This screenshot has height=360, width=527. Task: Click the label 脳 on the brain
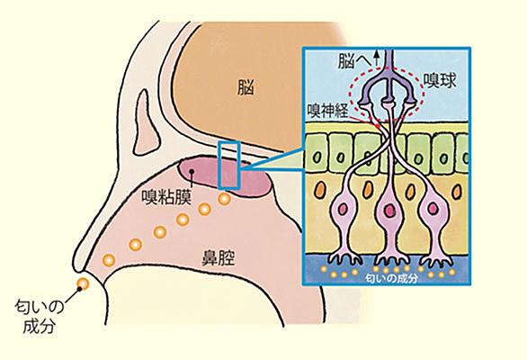(246, 87)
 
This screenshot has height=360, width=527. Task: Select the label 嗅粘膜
(166, 197)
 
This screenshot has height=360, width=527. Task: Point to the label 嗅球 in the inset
(440, 80)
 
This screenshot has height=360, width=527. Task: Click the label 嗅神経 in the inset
(328, 110)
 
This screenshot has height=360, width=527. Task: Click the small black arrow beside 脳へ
(377, 58)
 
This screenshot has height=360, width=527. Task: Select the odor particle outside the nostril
(83, 284)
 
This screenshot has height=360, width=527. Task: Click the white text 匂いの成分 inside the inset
(391, 279)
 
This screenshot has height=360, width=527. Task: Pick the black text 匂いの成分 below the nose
(39, 317)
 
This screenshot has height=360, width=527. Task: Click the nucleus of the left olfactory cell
(343, 210)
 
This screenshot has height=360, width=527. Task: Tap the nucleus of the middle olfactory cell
(390, 211)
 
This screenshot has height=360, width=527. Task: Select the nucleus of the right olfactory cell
(433, 209)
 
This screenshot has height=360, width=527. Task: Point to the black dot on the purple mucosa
(192, 171)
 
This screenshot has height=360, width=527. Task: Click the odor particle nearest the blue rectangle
(224, 199)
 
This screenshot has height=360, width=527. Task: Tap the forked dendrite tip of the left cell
(345, 258)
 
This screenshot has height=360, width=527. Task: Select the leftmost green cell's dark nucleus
(317, 157)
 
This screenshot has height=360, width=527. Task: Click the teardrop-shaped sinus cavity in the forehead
(147, 122)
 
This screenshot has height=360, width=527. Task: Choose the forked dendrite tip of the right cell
(436, 260)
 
